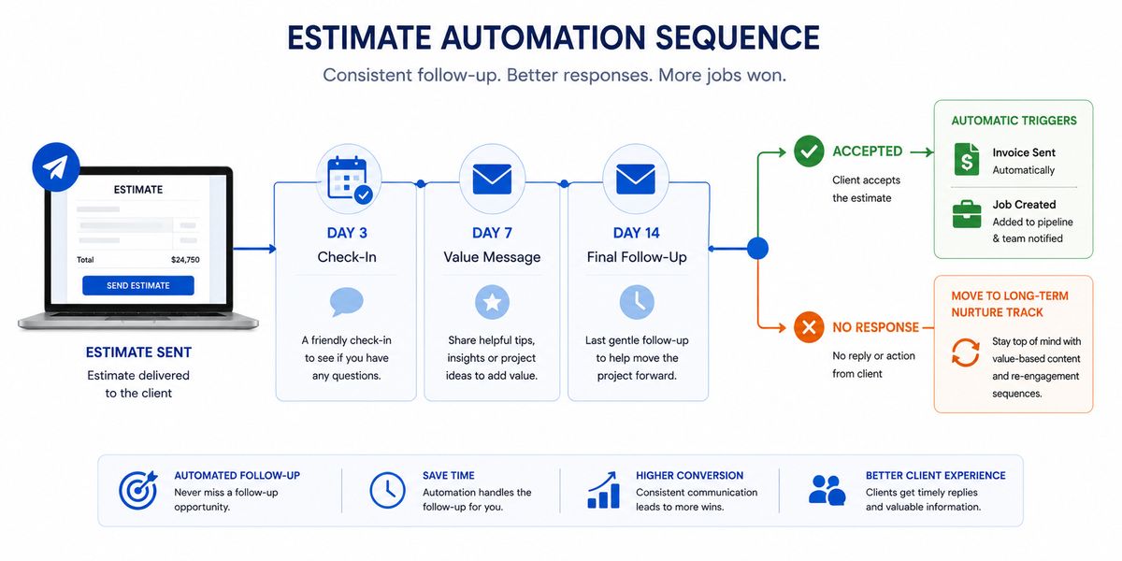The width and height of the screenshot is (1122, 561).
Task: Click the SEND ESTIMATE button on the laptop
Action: [138, 285]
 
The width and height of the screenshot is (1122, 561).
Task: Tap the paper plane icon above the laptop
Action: [55, 167]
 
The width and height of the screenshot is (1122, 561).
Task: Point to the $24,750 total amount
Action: [185, 260]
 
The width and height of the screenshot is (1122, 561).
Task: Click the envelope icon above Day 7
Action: [492, 179]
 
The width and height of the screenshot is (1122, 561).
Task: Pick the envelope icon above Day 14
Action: [636, 179]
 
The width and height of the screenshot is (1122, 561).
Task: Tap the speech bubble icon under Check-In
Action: [347, 302]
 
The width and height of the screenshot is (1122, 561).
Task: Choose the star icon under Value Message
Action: [492, 303]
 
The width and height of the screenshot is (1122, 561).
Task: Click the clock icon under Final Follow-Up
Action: [637, 303]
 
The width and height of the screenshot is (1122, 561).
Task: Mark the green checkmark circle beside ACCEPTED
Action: [809, 151]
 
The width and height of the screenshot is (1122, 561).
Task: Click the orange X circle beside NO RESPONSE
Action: [809, 327]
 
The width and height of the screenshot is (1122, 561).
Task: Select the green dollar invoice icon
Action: [967, 159]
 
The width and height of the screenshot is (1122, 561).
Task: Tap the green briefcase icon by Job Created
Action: [967, 214]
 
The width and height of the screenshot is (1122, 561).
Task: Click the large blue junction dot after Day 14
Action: [758, 249]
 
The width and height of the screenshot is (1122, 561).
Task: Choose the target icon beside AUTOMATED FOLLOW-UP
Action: [138, 490]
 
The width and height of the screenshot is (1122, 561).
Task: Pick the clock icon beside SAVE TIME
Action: [388, 490]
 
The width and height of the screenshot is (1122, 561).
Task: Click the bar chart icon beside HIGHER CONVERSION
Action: [604, 490]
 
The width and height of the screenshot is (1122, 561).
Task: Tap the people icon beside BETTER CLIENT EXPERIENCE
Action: [827, 490]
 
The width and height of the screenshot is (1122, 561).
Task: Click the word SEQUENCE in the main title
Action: [738, 38]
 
